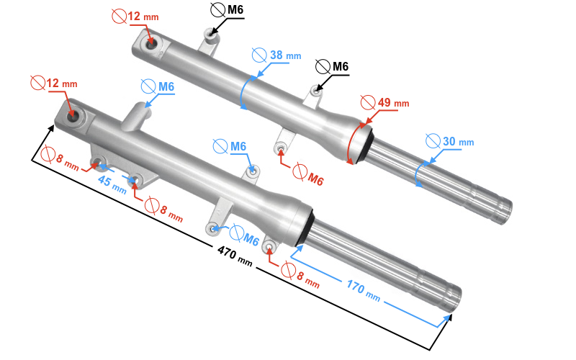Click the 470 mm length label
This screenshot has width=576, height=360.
click(x=235, y=256)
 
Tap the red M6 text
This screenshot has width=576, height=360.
click(x=315, y=179)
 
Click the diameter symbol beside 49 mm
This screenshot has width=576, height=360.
click(x=367, y=102)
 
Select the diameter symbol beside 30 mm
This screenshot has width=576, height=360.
click(x=433, y=140)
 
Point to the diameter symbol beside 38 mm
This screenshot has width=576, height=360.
click(x=259, y=55)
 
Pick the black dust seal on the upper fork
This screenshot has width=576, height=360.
click(x=364, y=143)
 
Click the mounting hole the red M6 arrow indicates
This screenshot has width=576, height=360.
click(x=280, y=148)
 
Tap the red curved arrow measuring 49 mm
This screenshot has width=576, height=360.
click(x=352, y=144)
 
